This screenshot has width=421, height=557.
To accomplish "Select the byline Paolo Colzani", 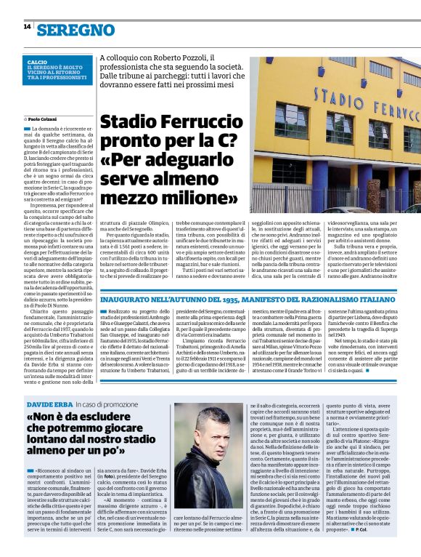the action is point(44,117).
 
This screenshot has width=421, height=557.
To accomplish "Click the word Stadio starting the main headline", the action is point(126,122).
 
